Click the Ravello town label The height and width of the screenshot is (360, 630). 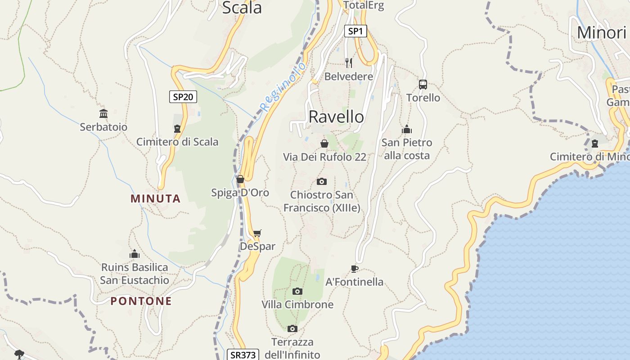tap(336, 117)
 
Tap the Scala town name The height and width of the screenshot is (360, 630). tap(242, 8)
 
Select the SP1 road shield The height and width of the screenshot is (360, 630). tap(355, 31)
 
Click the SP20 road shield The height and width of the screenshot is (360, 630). tap(183, 97)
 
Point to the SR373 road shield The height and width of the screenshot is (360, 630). tap(243, 355)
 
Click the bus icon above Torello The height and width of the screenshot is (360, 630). tap(423, 84)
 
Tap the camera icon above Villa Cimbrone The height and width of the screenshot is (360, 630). tap(297, 291)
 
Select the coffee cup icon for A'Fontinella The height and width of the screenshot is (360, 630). tap(355, 269)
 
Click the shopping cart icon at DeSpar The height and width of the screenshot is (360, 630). tap(257, 233)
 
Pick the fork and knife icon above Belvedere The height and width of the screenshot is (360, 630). tap(349, 63)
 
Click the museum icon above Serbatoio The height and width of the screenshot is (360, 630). tap(103, 113)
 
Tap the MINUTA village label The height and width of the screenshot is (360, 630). tap(156, 198)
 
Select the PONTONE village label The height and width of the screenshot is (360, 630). tap(141, 301)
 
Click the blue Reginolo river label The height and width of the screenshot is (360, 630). tap(283, 87)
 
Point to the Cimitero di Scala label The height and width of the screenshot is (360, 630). tap(177, 142)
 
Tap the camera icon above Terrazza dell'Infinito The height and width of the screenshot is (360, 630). tap(292, 328)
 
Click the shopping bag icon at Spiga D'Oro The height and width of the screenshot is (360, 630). tap(240, 179)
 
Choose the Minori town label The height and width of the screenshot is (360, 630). tap(602, 32)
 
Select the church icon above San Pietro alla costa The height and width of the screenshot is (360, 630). tap(407, 130)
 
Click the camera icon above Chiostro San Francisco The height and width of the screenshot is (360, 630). tap(321, 181)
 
